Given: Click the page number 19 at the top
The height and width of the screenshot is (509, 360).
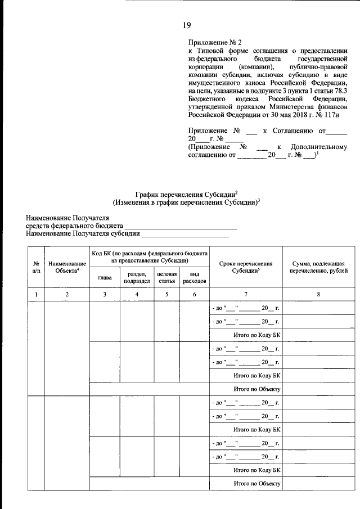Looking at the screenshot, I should tap(187, 24).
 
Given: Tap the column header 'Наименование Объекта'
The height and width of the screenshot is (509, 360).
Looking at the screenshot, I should tap(67, 266).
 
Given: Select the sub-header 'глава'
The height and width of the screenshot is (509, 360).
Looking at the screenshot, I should tap(105, 277).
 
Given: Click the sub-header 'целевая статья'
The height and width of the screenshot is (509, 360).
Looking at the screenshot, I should tap(167, 277).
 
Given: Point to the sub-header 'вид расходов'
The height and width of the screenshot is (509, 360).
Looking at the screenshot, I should tap(194, 277).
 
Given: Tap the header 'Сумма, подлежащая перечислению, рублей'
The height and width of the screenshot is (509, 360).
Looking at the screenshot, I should tap(318, 267).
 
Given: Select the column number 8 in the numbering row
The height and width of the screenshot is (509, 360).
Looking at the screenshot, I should tap(318, 294).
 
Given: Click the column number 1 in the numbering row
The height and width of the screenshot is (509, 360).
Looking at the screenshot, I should tap(36, 294).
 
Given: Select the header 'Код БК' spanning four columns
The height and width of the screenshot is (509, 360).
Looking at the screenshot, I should tap(149, 257).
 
